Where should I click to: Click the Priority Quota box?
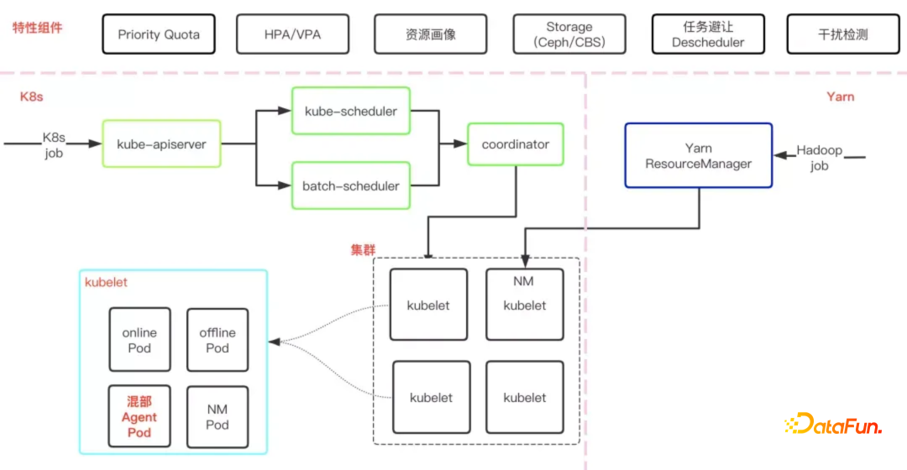click(159, 35)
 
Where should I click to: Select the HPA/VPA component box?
click(291, 35)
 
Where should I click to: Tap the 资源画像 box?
click(431, 35)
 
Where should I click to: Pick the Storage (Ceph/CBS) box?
click(569, 35)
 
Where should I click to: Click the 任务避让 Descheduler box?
click(708, 35)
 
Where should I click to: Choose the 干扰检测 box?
click(842, 35)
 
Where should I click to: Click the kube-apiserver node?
click(162, 144)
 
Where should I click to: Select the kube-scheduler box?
click(350, 111)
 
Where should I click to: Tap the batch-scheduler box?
click(350, 185)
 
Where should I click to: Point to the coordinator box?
click(515, 144)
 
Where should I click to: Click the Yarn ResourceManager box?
click(698, 155)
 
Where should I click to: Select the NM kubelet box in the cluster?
click(525, 304)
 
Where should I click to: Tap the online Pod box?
click(139, 340)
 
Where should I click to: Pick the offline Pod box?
click(218, 340)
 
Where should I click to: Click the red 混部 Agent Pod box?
click(139, 417)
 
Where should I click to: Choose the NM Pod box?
click(218, 417)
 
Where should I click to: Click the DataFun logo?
click(833, 426)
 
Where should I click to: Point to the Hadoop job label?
click(820, 158)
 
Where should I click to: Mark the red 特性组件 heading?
click(37, 28)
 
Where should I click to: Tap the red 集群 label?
click(363, 250)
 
